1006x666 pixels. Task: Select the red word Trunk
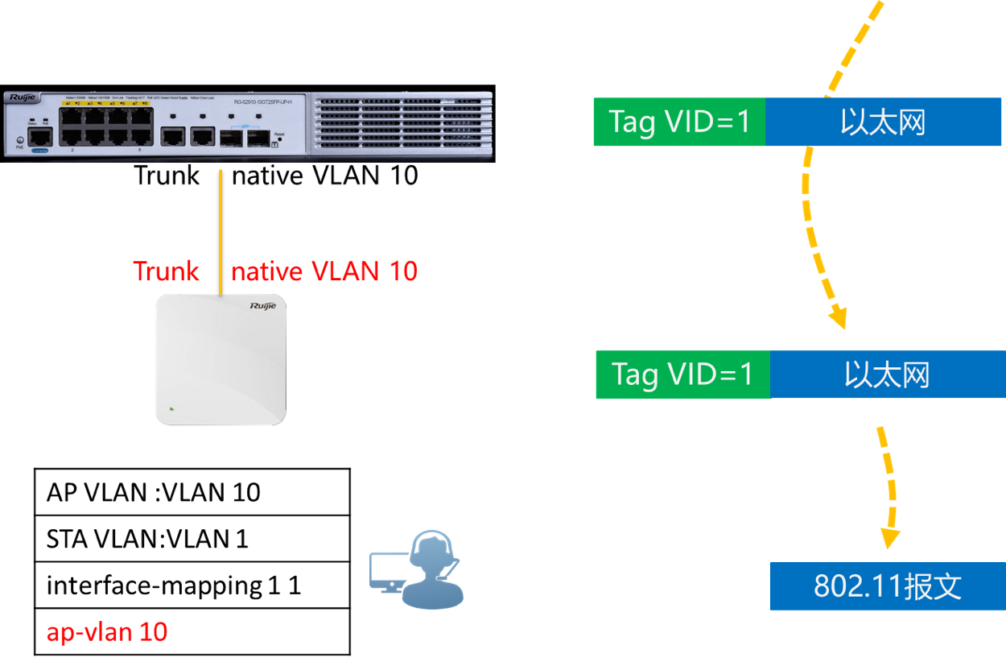coord(166,271)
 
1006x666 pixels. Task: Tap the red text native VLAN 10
coord(324,271)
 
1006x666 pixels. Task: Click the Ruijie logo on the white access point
coord(262,306)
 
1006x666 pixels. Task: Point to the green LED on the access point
coord(171,408)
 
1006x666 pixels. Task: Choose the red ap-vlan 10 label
coord(106,632)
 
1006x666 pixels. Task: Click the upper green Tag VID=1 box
coord(679,122)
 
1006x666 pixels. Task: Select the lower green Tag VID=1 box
coord(682,374)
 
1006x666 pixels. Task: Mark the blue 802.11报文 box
coord(887,585)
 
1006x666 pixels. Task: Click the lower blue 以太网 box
coord(887,374)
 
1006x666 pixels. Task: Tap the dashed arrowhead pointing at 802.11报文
coord(889,538)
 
